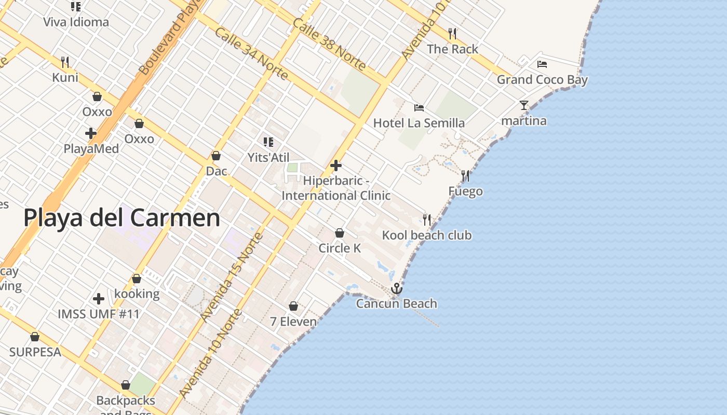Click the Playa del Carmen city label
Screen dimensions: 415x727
pyautogui.click(x=122, y=218)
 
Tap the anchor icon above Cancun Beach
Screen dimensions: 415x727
pyautogui.click(x=397, y=288)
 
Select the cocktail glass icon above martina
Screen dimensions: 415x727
pyautogui.click(x=523, y=105)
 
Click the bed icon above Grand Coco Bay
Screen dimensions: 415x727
pyautogui.click(x=542, y=64)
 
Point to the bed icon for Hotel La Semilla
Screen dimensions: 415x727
pyautogui.click(x=419, y=108)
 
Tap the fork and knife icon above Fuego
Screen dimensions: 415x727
pyautogui.click(x=465, y=176)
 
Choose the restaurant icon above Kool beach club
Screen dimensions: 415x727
pyautogui.click(x=427, y=219)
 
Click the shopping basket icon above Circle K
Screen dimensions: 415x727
pyautogui.click(x=340, y=233)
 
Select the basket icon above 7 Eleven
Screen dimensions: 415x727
pyautogui.click(x=293, y=306)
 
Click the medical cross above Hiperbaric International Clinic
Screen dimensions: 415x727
pyautogui.click(x=336, y=165)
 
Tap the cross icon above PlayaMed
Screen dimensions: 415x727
pyautogui.click(x=91, y=133)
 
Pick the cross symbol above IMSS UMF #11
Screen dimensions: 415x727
pyautogui.click(x=99, y=299)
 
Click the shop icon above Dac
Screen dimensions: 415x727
pyautogui.click(x=216, y=156)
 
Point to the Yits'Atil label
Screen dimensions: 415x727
pyautogui.click(x=268, y=158)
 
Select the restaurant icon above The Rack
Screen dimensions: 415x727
pyautogui.click(x=452, y=34)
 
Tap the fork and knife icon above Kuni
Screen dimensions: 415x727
pyautogui.click(x=65, y=62)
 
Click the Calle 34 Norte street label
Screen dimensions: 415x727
pyautogui.click(x=251, y=53)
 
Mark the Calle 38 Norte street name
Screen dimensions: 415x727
pyautogui.click(x=329, y=44)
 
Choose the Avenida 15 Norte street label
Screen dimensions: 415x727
pyautogui.click(x=232, y=278)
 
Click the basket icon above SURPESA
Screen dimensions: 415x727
pyautogui.click(x=35, y=337)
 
